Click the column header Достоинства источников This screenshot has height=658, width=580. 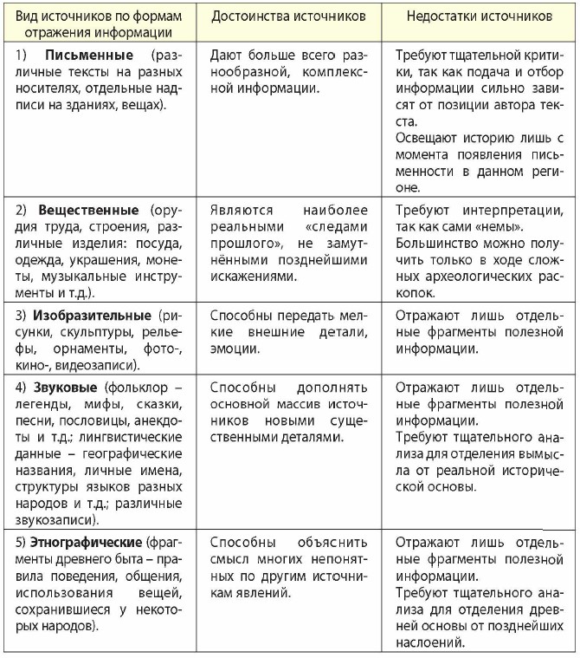288,16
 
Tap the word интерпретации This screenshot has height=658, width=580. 507,210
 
